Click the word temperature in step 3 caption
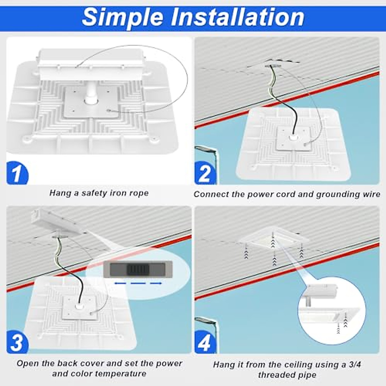point(120,374)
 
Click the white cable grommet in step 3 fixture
point(78,306)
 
